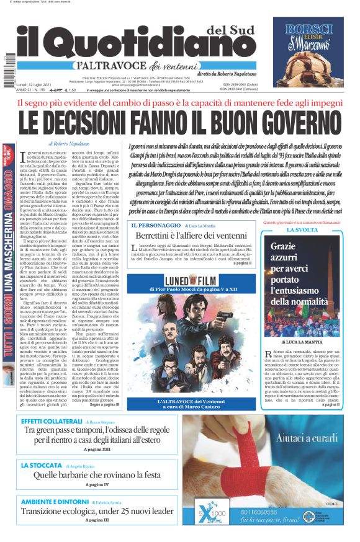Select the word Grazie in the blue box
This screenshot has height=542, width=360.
pos(284,246)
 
